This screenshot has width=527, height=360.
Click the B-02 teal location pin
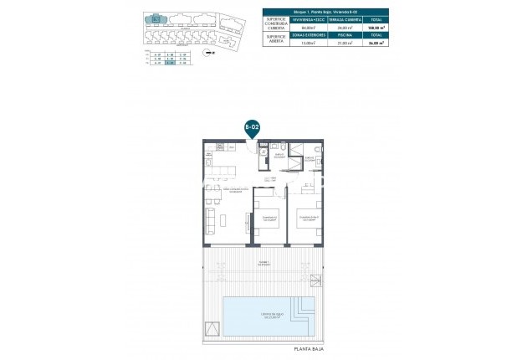[251, 127]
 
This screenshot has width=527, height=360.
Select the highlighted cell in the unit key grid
[170, 63]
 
